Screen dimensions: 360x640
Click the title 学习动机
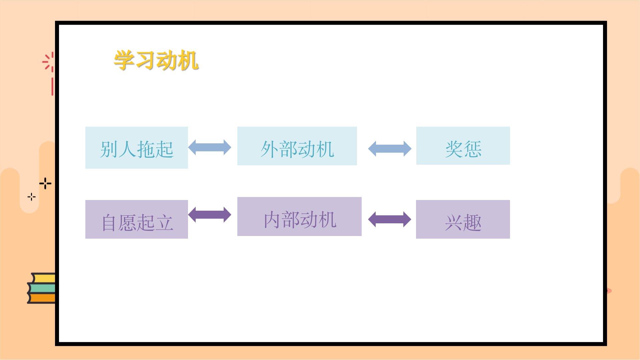(156, 60)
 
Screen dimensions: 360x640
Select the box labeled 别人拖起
(137, 148)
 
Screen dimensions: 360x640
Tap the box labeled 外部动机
(297, 146)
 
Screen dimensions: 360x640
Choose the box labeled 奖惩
(463, 146)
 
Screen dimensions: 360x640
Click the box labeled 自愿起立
(137, 219)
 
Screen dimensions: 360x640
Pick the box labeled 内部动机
(299, 217)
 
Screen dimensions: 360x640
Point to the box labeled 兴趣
(463, 219)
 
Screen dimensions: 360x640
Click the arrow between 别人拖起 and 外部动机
(210, 147)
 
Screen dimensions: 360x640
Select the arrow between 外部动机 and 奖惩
(390, 149)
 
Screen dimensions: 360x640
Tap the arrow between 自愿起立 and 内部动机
(210, 215)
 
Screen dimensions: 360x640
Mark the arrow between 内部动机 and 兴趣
(390, 219)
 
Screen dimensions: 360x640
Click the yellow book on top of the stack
(43, 278)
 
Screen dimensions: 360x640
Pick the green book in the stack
(42, 288)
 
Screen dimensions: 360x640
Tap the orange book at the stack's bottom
(42, 298)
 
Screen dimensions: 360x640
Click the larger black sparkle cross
(45, 183)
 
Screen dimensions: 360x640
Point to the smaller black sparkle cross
(32, 197)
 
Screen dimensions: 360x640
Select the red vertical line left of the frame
(52, 87)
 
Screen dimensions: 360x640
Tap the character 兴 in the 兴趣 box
(454, 223)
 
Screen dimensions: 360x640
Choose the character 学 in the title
(124, 60)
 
